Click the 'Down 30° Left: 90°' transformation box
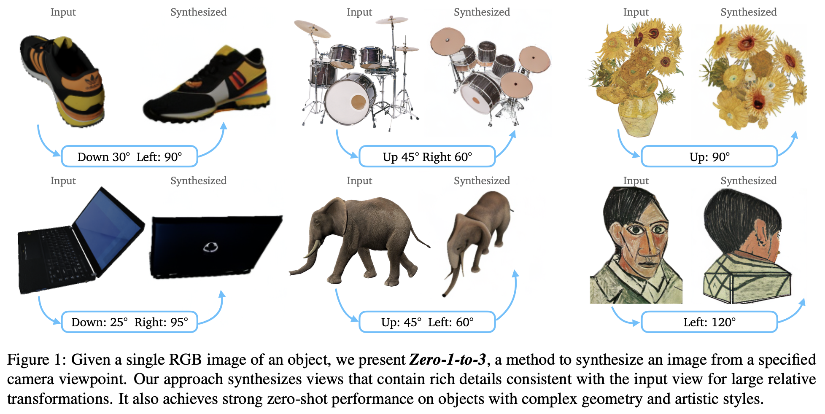click(x=129, y=157)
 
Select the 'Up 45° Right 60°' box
click(x=427, y=157)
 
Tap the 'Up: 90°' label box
click(x=709, y=157)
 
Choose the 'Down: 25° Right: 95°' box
click(x=129, y=322)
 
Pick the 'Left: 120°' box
click(x=709, y=322)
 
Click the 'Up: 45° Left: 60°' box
click(x=427, y=322)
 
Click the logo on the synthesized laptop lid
click(x=210, y=247)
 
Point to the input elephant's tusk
click(x=312, y=249)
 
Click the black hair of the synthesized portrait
click(x=734, y=215)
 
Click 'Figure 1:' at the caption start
click(x=36, y=360)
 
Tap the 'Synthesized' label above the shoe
click(x=198, y=12)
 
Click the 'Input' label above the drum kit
click(x=359, y=12)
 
